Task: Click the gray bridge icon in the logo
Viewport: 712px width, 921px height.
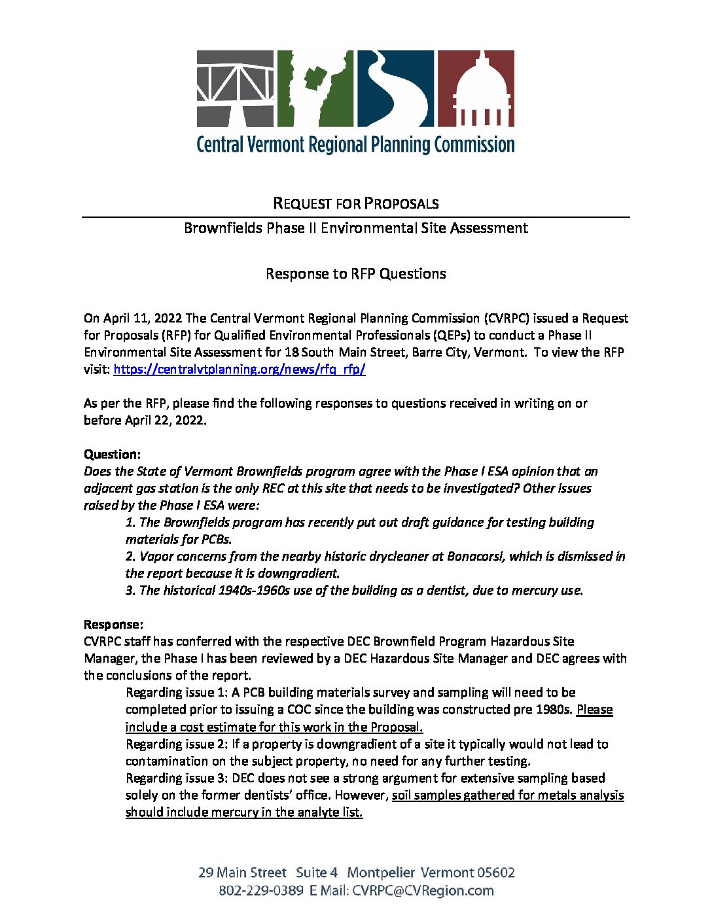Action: pos(236,88)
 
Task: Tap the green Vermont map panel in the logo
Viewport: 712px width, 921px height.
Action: pos(315,88)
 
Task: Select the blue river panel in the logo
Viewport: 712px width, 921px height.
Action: pos(395,88)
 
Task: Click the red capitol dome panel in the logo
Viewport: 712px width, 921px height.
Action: pos(476,88)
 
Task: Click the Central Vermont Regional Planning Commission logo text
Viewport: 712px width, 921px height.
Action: pos(355,145)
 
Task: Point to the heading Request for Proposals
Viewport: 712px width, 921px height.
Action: pos(355,203)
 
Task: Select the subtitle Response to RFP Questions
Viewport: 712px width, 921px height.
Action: pos(355,274)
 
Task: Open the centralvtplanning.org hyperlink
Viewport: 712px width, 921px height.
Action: pos(240,370)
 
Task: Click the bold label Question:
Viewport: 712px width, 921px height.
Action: pos(112,455)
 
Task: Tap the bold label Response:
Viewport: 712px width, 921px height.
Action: pos(113,625)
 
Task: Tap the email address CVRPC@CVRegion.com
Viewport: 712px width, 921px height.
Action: pos(423,891)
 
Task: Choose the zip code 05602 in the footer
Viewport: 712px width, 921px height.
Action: pos(495,873)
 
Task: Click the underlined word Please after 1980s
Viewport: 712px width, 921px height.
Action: pos(594,710)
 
